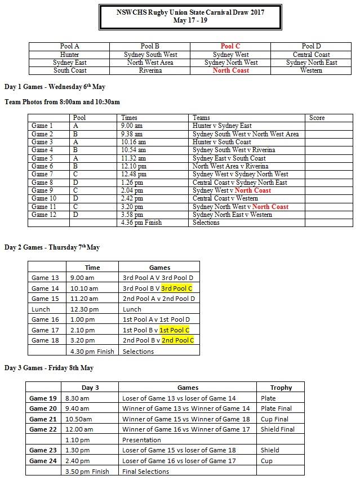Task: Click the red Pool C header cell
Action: pos(230,46)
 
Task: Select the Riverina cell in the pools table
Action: pos(150,71)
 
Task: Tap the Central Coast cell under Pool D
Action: pos(311,55)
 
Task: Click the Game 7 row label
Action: pos(43,175)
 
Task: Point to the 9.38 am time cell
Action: pos(132,134)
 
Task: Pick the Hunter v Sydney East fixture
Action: pos(222,126)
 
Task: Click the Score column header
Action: pos(317,118)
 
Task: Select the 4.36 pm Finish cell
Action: pos(141,223)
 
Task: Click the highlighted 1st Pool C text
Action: pos(174,330)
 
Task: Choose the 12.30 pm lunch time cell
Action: pos(85,309)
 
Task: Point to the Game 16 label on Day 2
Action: pos(45,319)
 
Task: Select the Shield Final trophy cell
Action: pos(277,429)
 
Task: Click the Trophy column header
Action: pos(281,388)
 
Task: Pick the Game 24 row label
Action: pos(43,460)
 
